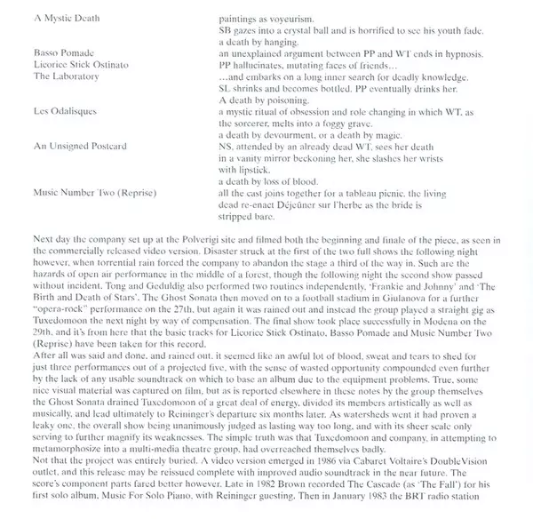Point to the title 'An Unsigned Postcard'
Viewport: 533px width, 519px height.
[78, 144]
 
